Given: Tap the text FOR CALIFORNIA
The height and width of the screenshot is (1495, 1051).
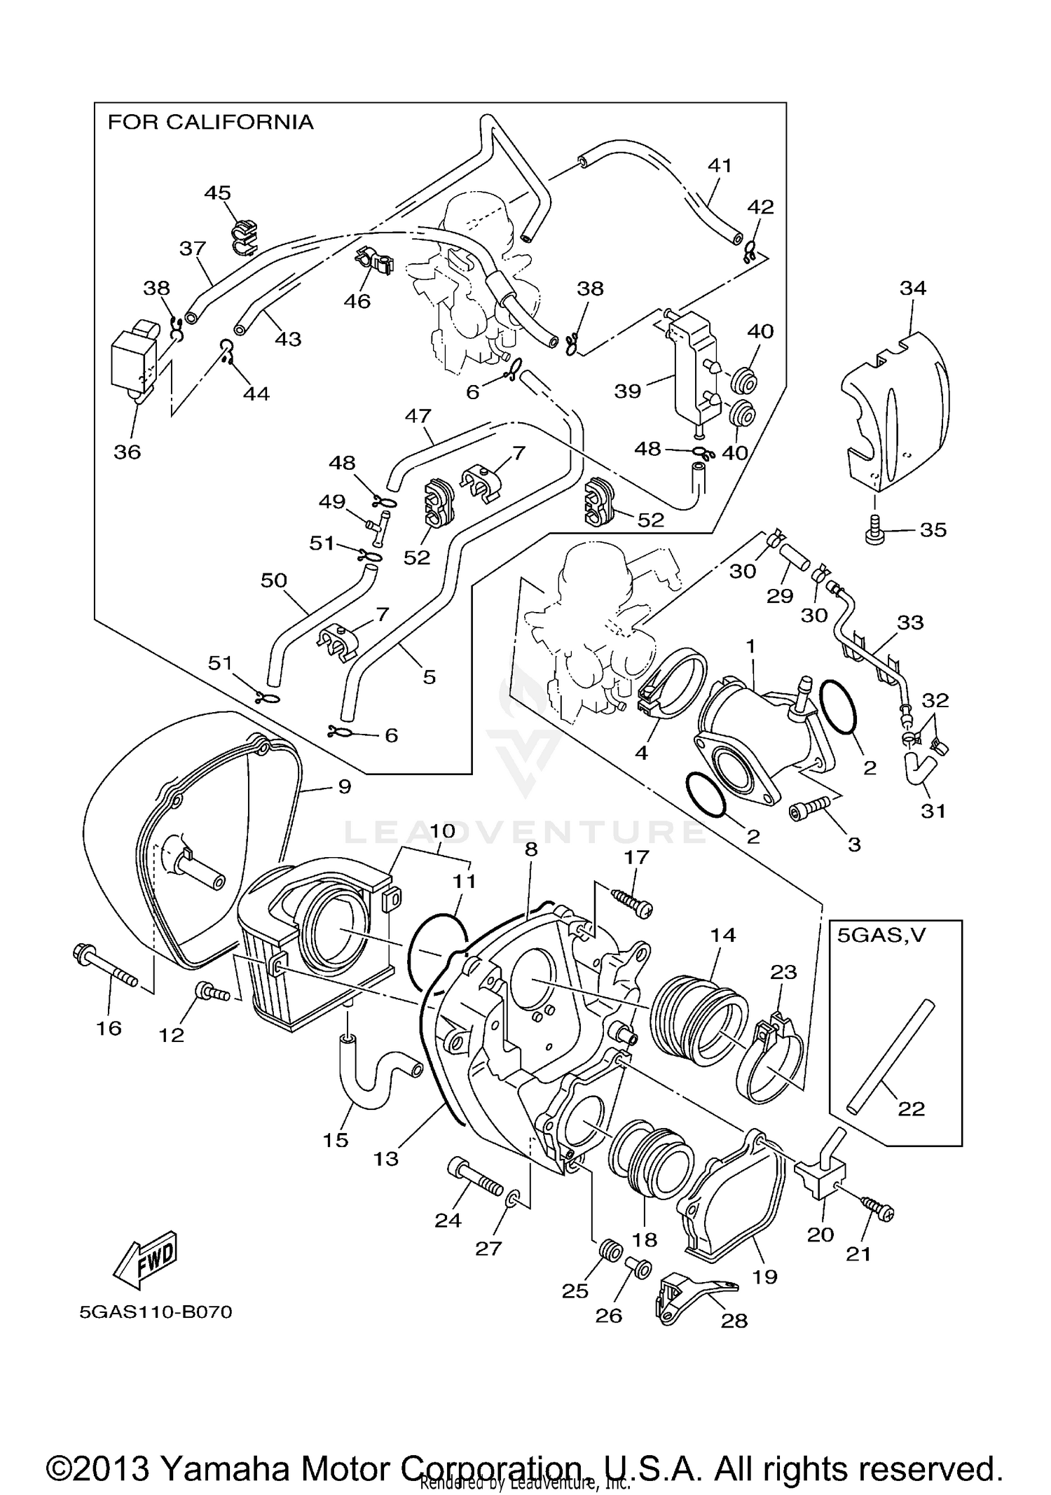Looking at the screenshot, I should (210, 123).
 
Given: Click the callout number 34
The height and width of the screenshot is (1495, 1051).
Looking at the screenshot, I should (913, 288).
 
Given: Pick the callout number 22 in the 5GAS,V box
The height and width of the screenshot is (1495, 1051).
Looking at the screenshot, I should (912, 1108).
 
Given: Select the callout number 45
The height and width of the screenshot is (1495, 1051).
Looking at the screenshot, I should (218, 193).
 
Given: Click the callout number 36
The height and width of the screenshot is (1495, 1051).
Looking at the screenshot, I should (128, 452).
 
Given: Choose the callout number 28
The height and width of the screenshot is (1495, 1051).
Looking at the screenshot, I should (734, 1321).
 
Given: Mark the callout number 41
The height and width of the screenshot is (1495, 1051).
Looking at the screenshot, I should (720, 165).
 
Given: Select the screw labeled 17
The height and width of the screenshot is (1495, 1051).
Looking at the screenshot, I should (632, 902).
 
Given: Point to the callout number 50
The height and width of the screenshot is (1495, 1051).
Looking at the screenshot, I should (274, 580).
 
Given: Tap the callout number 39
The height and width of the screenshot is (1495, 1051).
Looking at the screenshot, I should (628, 391).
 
